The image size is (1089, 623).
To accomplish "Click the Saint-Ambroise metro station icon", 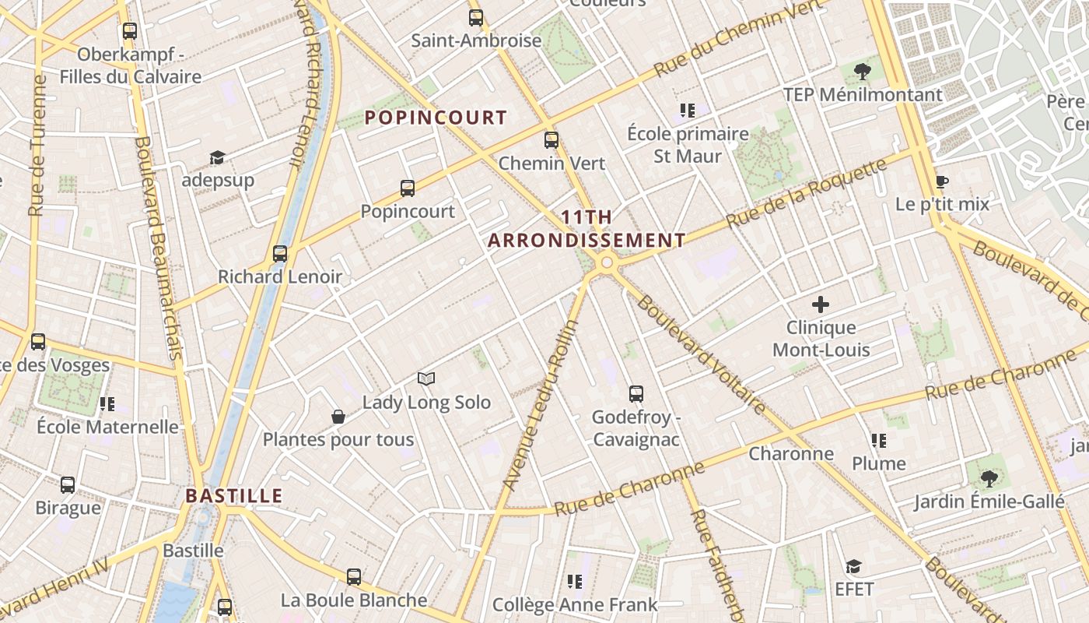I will [x=475, y=17].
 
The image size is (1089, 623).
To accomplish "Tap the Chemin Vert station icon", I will [x=552, y=140].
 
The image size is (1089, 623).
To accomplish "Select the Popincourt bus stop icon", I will [x=408, y=188].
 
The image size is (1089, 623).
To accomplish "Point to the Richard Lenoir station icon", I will [x=280, y=254].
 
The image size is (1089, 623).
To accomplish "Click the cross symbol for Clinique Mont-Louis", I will [x=821, y=304].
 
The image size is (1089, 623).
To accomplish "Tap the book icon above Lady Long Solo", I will [x=426, y=379].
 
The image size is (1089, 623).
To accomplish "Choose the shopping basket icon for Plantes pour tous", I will [x=338, y=417].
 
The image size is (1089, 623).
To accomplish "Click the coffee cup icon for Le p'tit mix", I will [x=941, y=182].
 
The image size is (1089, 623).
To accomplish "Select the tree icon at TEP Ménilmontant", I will [x=862, y=72].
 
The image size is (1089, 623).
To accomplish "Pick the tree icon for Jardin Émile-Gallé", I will [x=989, y=478].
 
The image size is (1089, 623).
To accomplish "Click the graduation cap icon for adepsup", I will [x=217, y=158].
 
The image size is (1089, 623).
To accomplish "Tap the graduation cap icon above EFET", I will [x=854, y=566].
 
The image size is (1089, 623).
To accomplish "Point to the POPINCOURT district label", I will [x=436, y=118].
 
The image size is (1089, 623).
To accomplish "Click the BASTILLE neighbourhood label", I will [x=234, y=496].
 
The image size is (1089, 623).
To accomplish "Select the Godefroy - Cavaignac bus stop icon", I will [x=636, y=394].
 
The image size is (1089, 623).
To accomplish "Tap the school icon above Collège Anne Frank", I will [x=575, y=581].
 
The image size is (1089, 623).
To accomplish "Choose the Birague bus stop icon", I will [x=68, y=485].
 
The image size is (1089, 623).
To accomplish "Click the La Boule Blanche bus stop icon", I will [x=354, y=577].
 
